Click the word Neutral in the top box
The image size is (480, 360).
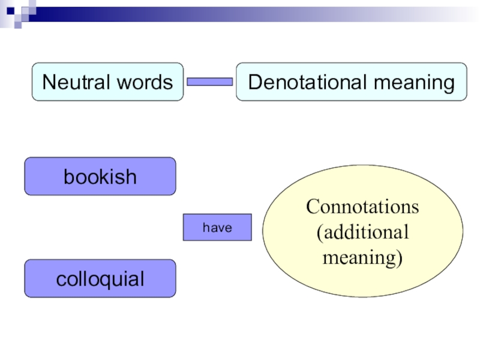[73, 82]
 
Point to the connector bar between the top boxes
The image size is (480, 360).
[210, 82]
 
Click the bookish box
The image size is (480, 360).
[100, 176]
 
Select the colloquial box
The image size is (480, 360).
[100, 278]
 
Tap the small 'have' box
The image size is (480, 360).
[217, 227]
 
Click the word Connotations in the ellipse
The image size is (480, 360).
[362, 207]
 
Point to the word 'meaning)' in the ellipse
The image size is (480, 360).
[362, 257]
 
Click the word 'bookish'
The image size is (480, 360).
[100, 177]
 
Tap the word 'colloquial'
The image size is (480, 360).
[100, 279]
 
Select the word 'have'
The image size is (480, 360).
[217, 228]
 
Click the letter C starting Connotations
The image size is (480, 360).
[312, 207]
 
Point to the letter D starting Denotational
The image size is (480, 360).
[254, 82]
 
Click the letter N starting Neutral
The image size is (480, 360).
[48, 82]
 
